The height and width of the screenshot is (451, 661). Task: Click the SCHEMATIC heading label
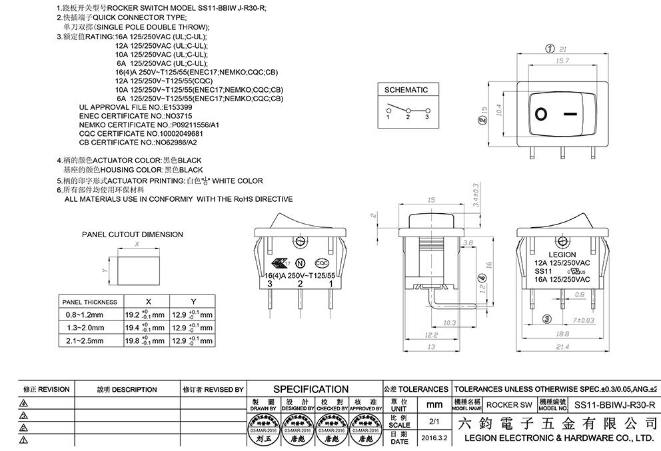pos(406,90)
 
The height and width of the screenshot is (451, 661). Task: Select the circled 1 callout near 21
pos(550,49)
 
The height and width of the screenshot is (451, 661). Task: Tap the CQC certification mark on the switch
pos(321,262)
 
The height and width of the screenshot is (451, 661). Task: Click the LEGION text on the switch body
pos(562,254)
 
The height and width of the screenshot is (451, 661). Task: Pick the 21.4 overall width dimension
pos(562,348)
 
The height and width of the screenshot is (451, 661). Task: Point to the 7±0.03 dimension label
pos(583,320)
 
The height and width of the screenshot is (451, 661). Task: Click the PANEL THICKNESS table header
pos(89,302)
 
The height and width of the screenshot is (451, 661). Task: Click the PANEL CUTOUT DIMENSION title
pos(132,234)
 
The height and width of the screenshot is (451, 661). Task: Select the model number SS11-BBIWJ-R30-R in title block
pos(614,404)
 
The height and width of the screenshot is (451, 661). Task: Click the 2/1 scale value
pos(435,422)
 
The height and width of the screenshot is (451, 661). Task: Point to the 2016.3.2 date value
pos(435,438)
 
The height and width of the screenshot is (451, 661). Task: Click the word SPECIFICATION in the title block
pos(311,389)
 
